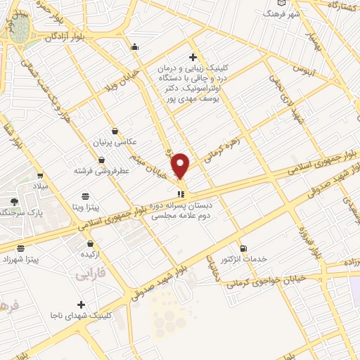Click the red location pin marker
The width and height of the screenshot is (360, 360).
181,166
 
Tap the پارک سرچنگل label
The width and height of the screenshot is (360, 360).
18,212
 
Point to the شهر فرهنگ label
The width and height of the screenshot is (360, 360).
282,14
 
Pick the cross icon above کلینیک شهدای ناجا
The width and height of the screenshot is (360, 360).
82,304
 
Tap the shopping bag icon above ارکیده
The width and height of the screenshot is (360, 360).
90,243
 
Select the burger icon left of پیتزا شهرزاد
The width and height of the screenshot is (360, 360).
20,248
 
